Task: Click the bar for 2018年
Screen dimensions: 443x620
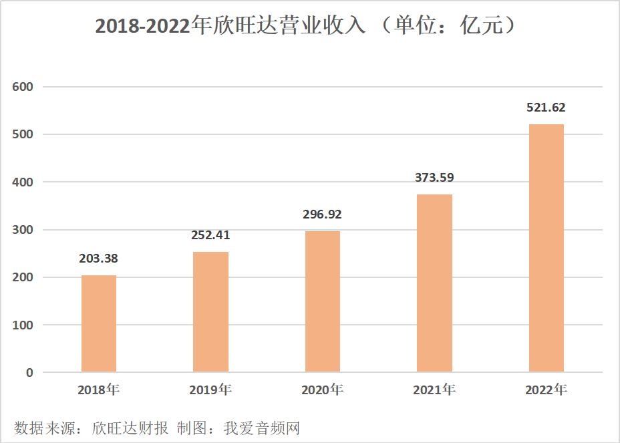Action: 99,323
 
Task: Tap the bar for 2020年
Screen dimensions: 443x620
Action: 323,301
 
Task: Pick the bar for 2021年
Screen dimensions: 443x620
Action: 434,283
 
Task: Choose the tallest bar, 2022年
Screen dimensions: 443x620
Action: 547,248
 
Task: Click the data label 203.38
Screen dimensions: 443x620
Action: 99,259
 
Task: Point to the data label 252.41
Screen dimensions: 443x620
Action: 210,235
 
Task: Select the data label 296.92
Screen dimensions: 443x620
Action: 323,214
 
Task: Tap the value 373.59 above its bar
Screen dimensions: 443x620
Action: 434,178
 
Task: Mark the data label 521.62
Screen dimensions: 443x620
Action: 547,108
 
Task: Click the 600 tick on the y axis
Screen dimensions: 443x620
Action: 23,87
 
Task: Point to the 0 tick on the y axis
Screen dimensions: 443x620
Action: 29,373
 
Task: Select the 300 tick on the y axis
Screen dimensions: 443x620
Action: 23,230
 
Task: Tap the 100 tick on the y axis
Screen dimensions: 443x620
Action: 23,325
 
